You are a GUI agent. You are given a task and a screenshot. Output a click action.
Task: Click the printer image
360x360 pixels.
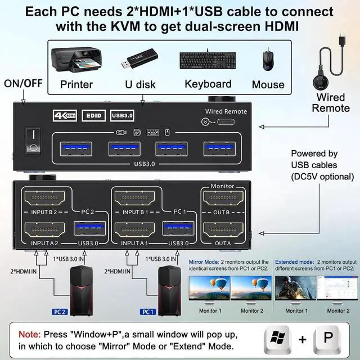click(75, 61)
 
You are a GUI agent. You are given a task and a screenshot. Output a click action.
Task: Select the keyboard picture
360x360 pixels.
click(208, 61)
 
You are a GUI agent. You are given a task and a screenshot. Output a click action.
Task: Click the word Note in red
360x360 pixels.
click(29, 334)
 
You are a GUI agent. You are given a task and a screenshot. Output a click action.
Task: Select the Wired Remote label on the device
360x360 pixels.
click(226, 111)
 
